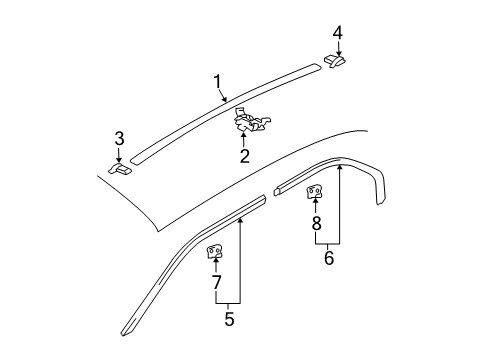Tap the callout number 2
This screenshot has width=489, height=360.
(244, 155)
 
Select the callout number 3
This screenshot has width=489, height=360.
(118, 137)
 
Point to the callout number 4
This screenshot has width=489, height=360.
(337, 32)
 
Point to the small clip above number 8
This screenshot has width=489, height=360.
(314, 191)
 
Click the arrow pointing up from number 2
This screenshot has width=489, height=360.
(244, 139)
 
